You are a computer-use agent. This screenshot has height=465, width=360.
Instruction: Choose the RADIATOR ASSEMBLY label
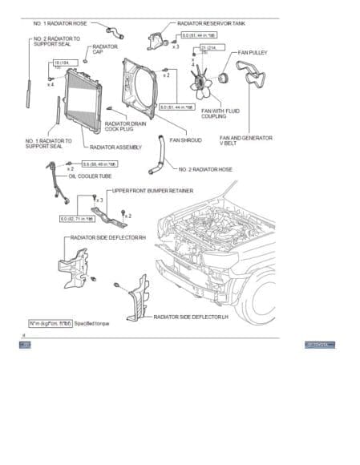[116, 148]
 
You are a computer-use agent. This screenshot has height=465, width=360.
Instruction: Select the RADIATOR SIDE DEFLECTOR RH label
[108, 238]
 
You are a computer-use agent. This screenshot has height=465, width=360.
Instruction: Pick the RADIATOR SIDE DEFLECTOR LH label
[191, 317]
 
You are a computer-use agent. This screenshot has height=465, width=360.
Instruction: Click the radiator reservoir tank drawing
[156, 41]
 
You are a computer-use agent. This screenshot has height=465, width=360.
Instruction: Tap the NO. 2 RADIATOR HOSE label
[207, 170]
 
